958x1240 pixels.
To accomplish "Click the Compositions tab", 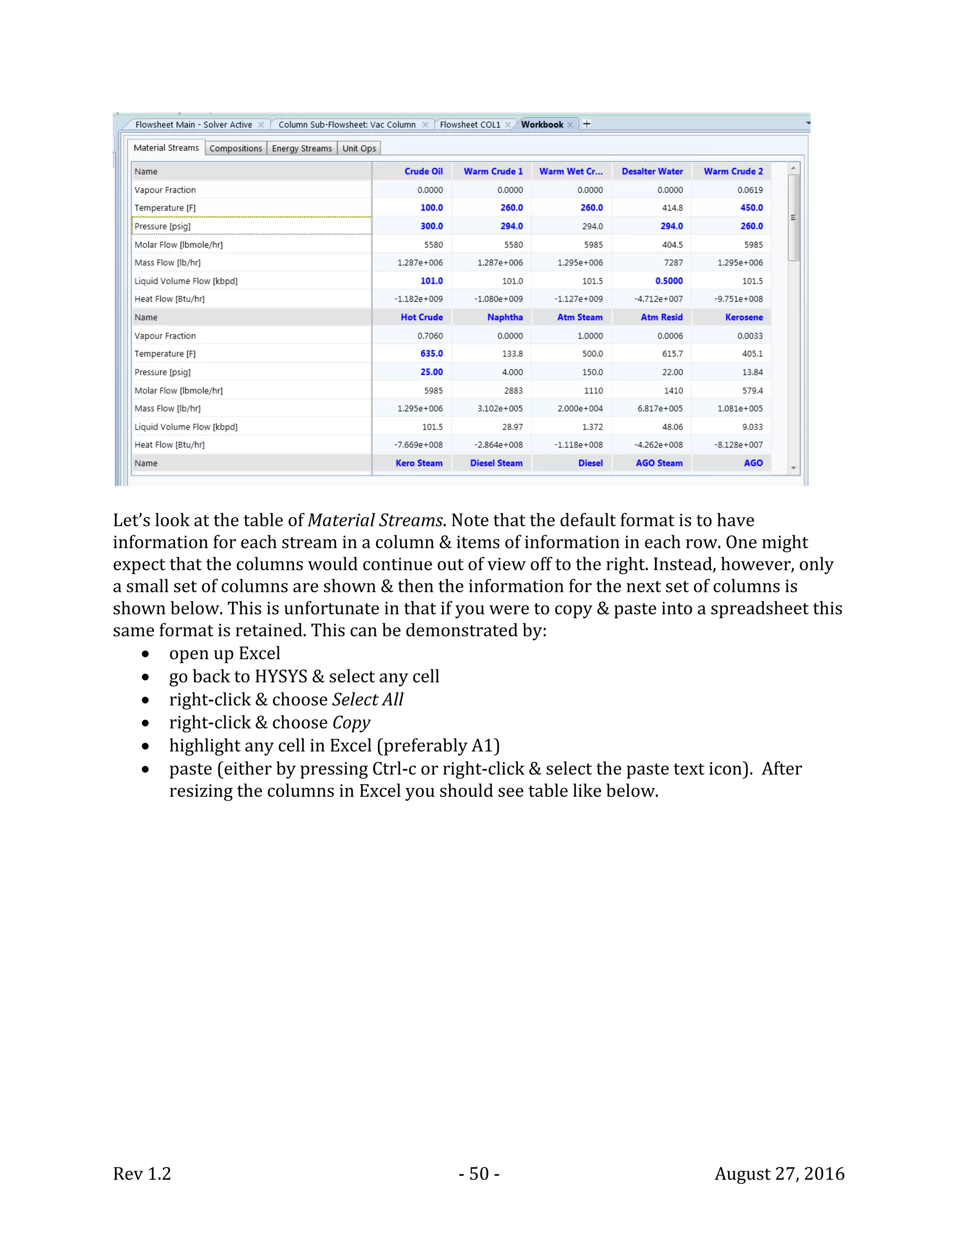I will (236, 148).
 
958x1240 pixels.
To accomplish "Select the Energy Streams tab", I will (301, 148).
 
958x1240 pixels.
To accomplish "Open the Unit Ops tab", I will (359, 148).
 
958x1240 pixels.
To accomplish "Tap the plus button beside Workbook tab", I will (587, 124).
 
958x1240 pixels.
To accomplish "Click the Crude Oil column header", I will (423, 171).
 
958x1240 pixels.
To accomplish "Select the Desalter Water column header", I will (652, 171).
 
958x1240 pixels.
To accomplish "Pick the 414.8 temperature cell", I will (672, 208).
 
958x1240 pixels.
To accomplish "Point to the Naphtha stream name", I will (505, 317).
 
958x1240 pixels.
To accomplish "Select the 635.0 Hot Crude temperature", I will (431, 354).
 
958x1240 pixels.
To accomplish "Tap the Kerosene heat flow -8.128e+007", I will (738, 445).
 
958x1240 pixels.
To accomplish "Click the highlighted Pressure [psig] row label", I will (162, 226).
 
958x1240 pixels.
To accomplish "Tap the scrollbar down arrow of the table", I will (793, 468).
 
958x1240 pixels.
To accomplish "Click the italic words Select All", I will (367, 700).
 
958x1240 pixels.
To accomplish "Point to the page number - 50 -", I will (479, 1174).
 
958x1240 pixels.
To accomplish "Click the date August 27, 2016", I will (779, 1174).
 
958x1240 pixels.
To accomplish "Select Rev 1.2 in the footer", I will (142, 1174).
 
